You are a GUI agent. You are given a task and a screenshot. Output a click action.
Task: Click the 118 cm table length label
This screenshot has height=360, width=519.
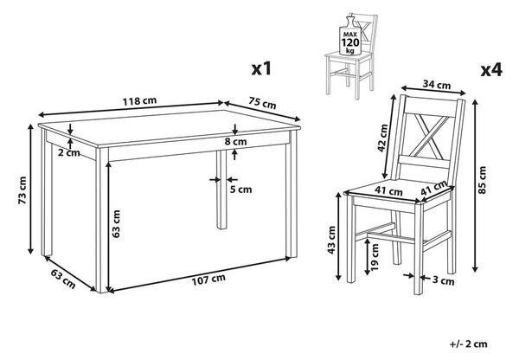coord(139,100)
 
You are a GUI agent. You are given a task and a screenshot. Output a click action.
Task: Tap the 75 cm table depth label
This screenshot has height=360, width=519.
coord(262,103)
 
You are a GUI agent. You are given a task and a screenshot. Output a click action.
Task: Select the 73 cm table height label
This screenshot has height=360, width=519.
coord(22,190)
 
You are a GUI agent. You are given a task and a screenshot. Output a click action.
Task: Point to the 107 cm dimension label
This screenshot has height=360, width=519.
coord(208,280)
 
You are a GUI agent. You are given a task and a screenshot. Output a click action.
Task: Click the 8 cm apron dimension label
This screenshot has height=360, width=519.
coord(235,141)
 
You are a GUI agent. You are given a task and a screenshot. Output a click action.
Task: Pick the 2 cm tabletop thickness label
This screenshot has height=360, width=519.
coord(69,152)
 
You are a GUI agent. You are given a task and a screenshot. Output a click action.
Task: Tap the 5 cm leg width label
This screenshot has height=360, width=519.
coord(241,190)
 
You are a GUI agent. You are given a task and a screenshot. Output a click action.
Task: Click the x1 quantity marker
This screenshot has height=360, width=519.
coord(261,68)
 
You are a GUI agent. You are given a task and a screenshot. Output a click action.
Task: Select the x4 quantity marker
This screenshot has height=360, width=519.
coord(491,70)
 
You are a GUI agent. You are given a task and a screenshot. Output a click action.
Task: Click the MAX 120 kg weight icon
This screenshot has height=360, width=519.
coord(350,35)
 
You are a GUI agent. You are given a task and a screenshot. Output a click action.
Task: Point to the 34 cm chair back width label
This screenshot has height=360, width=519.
coord(437,85)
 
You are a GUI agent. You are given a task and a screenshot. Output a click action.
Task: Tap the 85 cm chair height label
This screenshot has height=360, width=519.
coord(482,180)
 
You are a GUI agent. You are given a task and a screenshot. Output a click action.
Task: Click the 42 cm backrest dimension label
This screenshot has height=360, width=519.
coord(382,138)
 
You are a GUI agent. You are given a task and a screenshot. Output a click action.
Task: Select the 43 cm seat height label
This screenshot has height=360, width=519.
coord(331,240)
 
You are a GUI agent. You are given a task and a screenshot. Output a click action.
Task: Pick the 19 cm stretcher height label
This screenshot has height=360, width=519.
coord(375,257)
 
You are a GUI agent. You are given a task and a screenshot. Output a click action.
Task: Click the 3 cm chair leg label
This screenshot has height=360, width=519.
coord(443,281)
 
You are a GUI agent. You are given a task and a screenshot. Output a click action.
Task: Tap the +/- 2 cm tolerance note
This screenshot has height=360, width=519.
coord(468,344)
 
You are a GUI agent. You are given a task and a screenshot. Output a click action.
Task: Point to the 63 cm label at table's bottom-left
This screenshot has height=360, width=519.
coord(63,279)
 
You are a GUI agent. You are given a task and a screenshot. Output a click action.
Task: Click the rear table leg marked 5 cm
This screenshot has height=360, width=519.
coord(221,190)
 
